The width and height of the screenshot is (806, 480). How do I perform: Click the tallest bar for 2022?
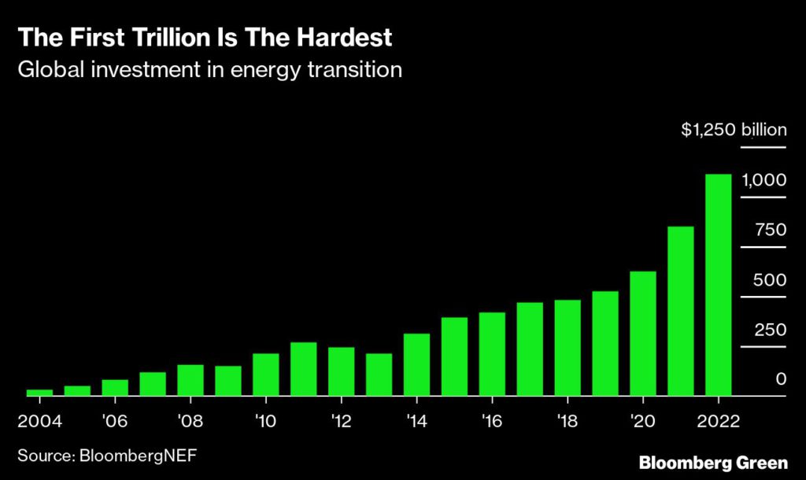[719, 285]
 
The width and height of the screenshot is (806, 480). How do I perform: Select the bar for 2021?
[681, 311]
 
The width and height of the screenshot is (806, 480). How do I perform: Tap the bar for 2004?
[39, 392]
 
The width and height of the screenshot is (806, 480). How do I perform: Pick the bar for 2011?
[304, 369]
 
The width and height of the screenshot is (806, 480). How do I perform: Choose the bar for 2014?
[417, 364]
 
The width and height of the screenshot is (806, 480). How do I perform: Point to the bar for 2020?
[643, 333]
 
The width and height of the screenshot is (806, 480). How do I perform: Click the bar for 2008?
[190, 380]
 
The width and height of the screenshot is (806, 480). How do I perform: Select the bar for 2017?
[530, 349]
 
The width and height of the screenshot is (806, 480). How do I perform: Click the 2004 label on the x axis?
[39, 419]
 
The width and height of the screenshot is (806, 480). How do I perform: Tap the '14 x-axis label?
[416, 419]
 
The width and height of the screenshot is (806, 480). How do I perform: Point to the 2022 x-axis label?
[717, 419]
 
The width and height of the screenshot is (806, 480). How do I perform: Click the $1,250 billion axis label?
[734, 130]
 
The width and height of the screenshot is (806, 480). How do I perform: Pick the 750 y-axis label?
[770, 230]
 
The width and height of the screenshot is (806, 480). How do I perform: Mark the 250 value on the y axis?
[770, 330]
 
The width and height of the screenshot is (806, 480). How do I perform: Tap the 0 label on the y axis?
[781, 379]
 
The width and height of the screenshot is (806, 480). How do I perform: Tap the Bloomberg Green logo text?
[713, 462]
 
